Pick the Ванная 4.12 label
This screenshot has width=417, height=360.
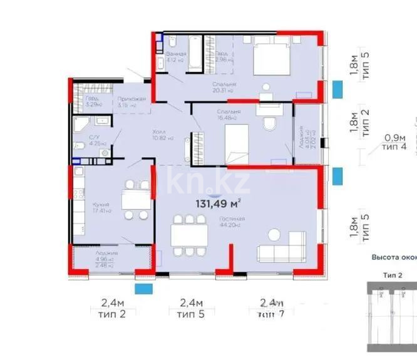pyautogui.click(x=176, y=57)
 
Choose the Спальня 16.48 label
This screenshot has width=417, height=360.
pyautogui.click(x=229, y=115)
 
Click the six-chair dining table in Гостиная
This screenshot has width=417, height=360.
pyautogui.click(x=188, y=235)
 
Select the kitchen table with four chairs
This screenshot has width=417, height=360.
pyautogui.click(x=135, y=200)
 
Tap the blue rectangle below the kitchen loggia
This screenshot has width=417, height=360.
pyautogui.click(x=144, y=289)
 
